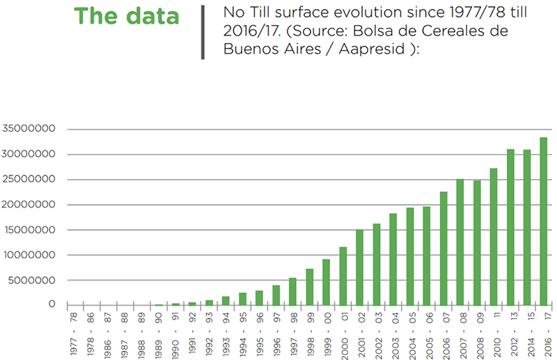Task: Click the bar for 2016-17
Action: coord(544,221)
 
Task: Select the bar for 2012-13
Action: coord(510,228)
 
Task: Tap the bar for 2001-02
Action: coord(359,267)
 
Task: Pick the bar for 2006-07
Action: coord(444,249)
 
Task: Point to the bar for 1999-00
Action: coord(326,283)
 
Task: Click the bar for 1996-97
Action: coord(276,296)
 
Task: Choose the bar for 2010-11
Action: coord(494,237)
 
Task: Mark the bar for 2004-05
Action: coord(410,256)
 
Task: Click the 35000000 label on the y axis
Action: coord(29,128)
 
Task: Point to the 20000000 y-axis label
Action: coord(29,205)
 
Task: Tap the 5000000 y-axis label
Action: coord(32,281)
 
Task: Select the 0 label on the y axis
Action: coord(52,304)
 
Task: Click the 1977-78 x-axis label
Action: coord(74,334)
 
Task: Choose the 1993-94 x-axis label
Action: coord(226,334)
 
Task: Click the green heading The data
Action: coord(127,16)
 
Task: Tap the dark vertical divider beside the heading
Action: coord(203,32)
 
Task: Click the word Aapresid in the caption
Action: coord(372,49)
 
